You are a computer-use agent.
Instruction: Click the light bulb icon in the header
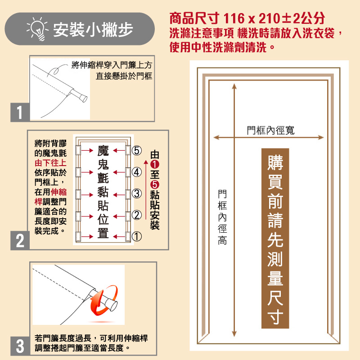click(37, 30)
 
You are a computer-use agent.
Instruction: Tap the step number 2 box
click(19, 240)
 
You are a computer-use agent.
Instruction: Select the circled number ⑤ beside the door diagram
click(137, 150)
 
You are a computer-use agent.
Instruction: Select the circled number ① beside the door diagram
click(137, 236)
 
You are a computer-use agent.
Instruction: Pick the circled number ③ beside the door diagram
click(137, 194)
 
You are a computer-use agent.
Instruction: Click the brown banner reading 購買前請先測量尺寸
click(275, 238)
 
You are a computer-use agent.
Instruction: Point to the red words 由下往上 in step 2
click(50, 163)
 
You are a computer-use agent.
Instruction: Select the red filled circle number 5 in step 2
click(155, 185)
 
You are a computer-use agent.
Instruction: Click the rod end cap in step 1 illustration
click(81, 96)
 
